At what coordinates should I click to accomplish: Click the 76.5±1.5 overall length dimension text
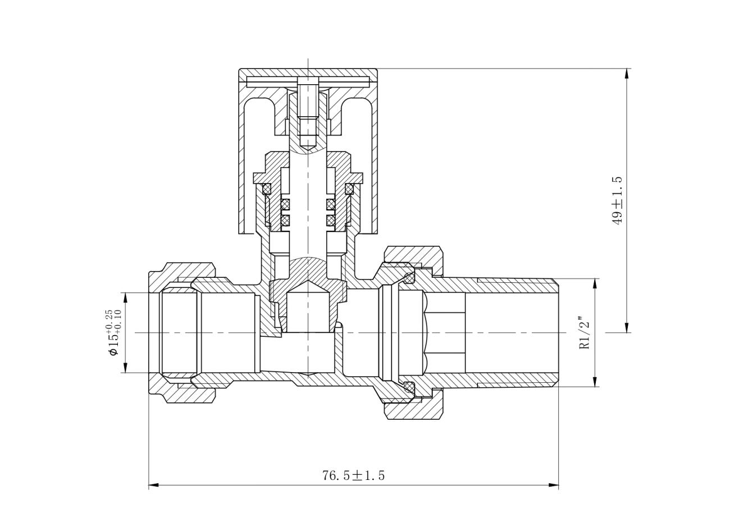pos(353,476)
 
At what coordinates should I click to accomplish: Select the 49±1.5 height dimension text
pos(617,200)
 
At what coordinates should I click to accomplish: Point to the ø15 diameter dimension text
pos(113,332)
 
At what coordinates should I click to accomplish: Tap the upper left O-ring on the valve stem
pos(285,204)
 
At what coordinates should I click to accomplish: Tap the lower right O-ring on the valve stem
pos(331,219)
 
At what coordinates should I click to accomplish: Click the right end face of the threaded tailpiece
pos(558,332)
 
